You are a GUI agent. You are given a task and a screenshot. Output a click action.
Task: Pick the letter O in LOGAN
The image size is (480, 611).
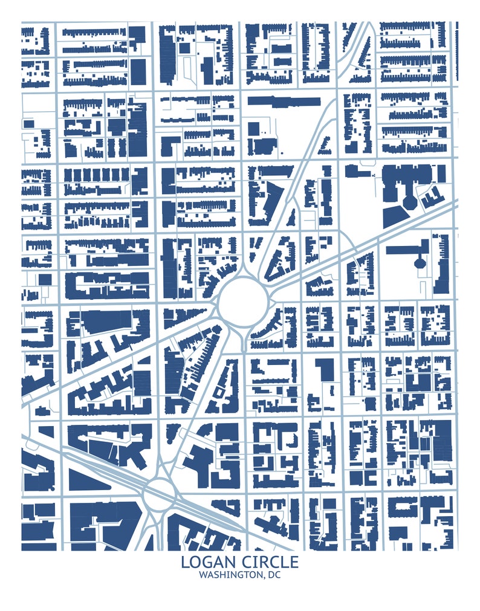tap(195, 562)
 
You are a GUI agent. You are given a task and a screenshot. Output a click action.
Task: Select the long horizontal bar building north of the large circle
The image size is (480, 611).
tap(284, 101)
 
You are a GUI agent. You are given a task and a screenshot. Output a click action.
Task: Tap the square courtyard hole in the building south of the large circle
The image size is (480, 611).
tap(219, 393)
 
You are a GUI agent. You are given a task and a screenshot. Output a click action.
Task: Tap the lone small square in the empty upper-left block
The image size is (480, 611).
tap(29, 124)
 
